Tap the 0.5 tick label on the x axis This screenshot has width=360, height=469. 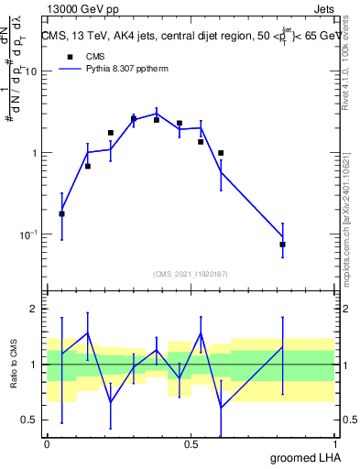pos(191,443)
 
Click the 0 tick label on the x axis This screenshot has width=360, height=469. pos(47,443)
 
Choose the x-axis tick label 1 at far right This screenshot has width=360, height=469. pos(335,443)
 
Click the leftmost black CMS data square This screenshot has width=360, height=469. pos(61,213)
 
